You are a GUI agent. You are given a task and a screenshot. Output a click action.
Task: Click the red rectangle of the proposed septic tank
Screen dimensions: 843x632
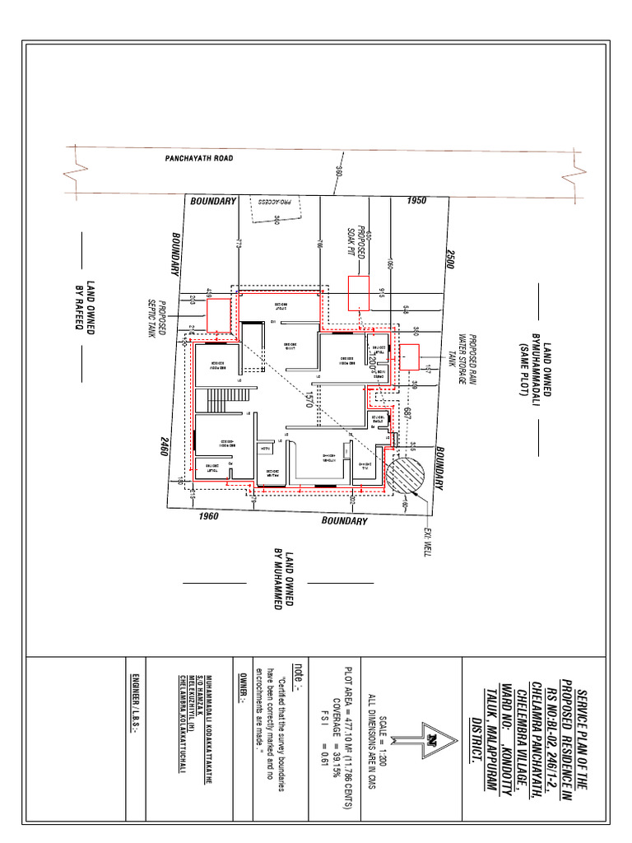218,313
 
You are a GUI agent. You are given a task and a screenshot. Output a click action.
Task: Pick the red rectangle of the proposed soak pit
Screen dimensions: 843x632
359,292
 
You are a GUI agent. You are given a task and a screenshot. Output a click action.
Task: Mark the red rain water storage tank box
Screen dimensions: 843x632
409,358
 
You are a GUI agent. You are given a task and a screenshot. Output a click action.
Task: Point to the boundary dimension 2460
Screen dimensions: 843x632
174,451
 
